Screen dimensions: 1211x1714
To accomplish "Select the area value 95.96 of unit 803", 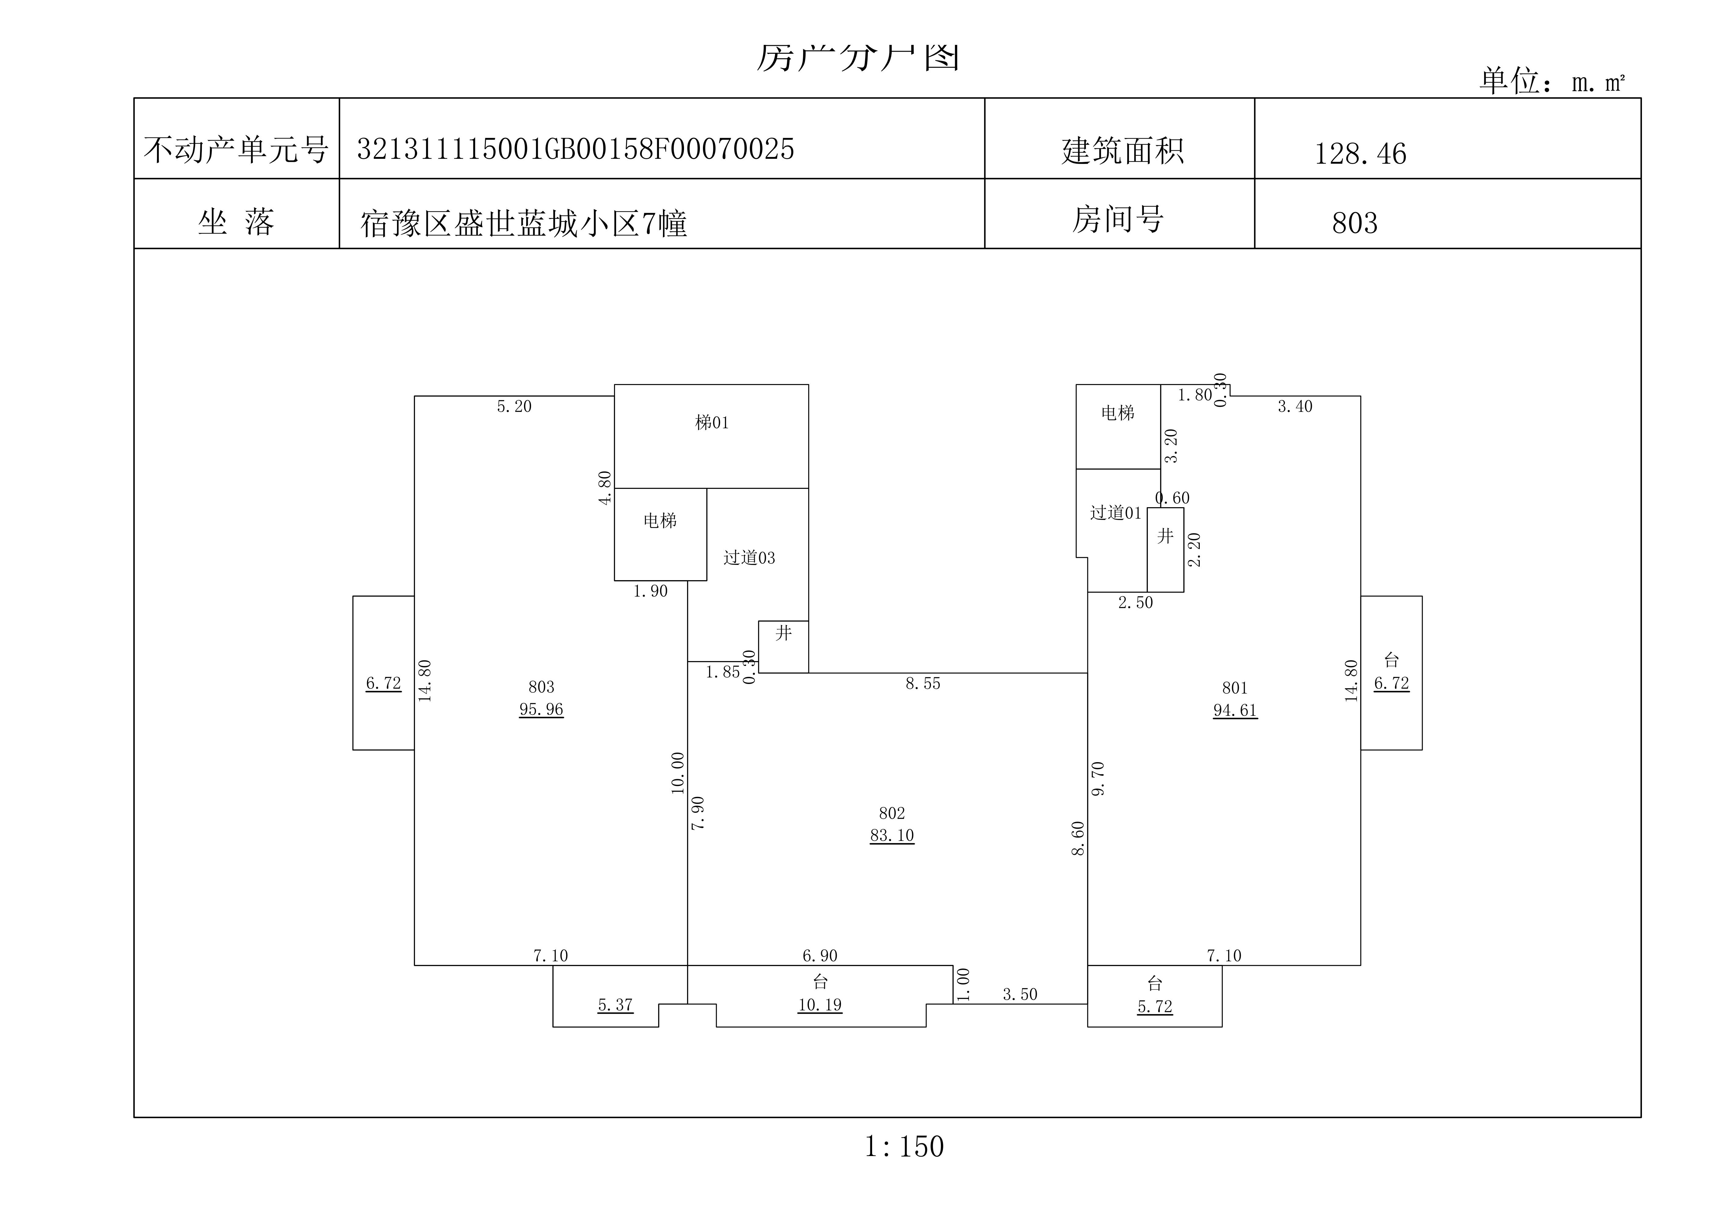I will pos(541,709).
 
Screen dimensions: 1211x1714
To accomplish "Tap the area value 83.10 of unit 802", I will pos(891,835).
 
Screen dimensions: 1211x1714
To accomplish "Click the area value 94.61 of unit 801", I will pos(1235,710).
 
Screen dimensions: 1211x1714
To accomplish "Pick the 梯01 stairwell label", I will pos(711,423).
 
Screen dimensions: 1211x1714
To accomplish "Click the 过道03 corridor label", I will pos(749,558).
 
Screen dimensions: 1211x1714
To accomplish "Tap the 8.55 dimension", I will pos(923,683).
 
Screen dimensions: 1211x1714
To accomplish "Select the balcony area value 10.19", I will pos(820,1005).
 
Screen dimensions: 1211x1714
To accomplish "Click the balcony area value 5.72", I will pos(1154,1006).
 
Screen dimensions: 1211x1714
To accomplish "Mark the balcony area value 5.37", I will pos(615,1005).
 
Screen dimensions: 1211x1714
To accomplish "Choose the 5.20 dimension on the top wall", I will pos(514,406).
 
